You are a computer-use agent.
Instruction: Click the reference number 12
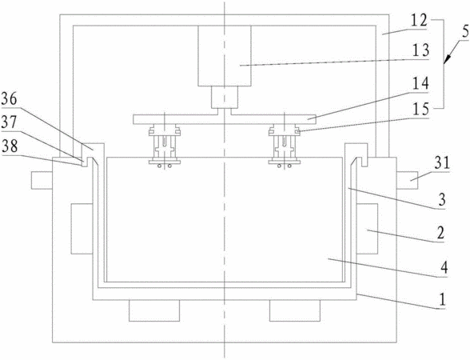(x=419, y=22)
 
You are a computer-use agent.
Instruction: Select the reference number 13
(x=420, y=50)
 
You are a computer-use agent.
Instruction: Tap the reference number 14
(x=420, y=84)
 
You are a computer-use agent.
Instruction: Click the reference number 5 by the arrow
(x=465, y=32)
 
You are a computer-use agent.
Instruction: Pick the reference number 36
(x=10, y=99)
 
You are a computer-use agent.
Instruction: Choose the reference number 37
(x=10, y=122)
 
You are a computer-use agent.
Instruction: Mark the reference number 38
(x=10, y=146)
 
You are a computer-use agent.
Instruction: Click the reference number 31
(x=442, y=163)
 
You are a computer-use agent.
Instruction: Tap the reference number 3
(x=442, y=200)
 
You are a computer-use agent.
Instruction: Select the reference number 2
(x=440, y=233)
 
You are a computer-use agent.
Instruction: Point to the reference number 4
(x=444, y=267)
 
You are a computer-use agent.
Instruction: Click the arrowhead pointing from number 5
(x=446, y=60)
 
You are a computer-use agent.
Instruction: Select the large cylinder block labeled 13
(x=225, y=56)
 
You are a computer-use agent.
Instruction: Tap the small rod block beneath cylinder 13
(x=225, y=98)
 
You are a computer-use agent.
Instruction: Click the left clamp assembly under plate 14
(x=165, y=147)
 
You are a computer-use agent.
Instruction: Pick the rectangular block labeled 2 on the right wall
(x=367, y=229)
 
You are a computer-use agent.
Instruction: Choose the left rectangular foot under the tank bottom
(x=154, y=310)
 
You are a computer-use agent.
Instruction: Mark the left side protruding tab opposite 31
(x=42, y=180)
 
